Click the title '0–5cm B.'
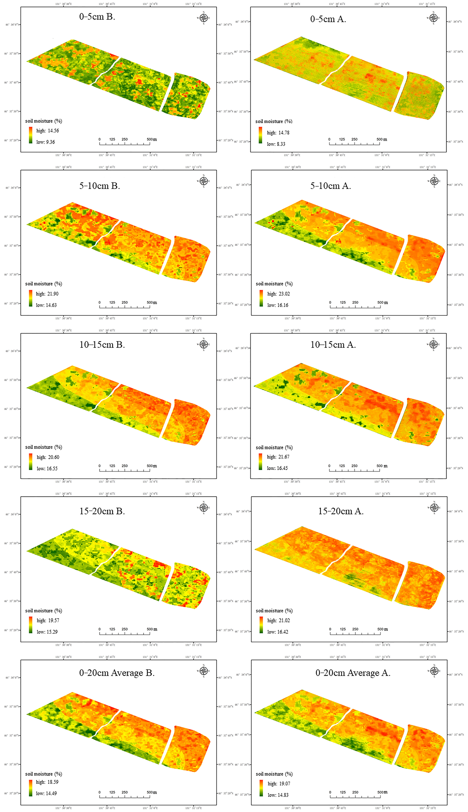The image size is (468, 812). pyautogui.click(x=97, y=17)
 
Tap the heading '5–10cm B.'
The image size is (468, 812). pyautogui.click(x=100, y=186)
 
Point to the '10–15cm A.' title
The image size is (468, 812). pyautogui.click(x=333, y=345)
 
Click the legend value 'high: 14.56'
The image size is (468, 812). pyautogui.click(x=48, y=131)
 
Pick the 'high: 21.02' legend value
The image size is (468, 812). pyautogui.click(x=278, y=620)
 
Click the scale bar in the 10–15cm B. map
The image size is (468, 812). pyautogui.click(x=125, y=470)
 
